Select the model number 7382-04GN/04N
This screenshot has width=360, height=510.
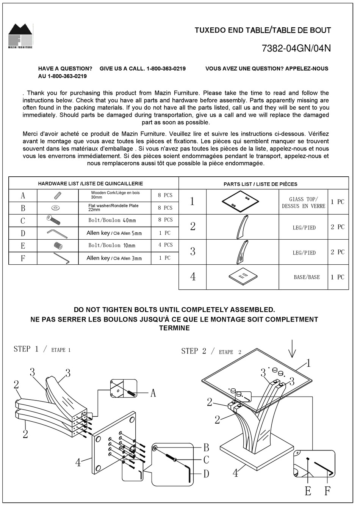click(x=296, y=49)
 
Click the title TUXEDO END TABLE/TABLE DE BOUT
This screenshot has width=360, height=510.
click(x=263, y=30)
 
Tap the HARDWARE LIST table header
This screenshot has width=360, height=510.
click(x=90, y=184)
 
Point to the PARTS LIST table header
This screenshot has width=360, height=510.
click(x=260, y=184)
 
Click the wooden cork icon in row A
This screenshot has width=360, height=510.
click(x=58, y=195)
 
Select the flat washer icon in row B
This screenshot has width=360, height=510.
click(x=58, y=208)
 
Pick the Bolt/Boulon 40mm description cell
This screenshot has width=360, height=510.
click(x=112, y=220)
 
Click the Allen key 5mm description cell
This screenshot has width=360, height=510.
click(x=114, y=233)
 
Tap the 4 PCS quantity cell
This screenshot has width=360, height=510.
click(x=165, y=245)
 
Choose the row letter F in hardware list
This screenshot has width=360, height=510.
click(x=23, y=258)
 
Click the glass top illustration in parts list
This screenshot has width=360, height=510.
click(x=240, y=201)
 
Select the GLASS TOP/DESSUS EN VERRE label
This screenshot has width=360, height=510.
click(x=303, y=202)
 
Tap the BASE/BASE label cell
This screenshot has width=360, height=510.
click(x=307, y=277)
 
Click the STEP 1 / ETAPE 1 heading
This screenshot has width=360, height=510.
click(x=42, y=349)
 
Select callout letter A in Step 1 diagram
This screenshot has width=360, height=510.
click(x=153, y=393)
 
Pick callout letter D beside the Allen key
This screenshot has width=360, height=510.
click(x=206, y=474)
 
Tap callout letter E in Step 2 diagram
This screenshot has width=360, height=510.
click(x=308, y=491)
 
